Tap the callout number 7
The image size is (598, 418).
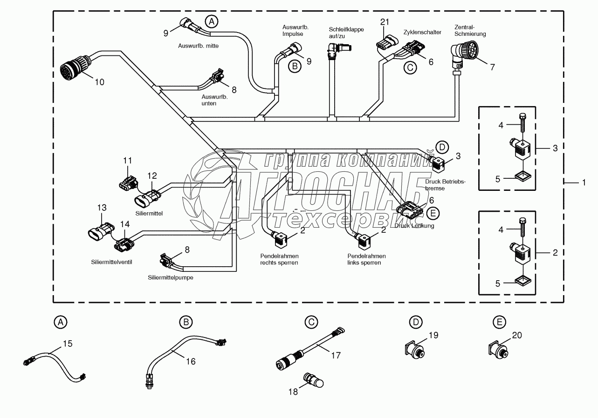tap(492, 67)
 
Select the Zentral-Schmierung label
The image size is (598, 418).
tap(470, 31)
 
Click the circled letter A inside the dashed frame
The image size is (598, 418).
tap(212, 21)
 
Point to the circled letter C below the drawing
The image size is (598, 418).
tap(311, 321)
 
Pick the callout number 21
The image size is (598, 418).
tap(384, 22)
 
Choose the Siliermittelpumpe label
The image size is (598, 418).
tap(171, 277)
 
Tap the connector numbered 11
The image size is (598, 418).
tap(126, 183)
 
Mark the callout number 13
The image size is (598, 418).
tap(102, 208)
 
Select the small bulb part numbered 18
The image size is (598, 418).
tap(314, 380)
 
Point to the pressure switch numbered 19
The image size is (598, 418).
tap(413, 348)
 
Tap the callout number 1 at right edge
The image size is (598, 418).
tap(583, 183)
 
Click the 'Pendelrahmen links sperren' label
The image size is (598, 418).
tap(366, 259)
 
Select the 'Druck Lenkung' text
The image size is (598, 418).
tap(414, 226)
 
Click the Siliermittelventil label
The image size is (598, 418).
tap(112, 262)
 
